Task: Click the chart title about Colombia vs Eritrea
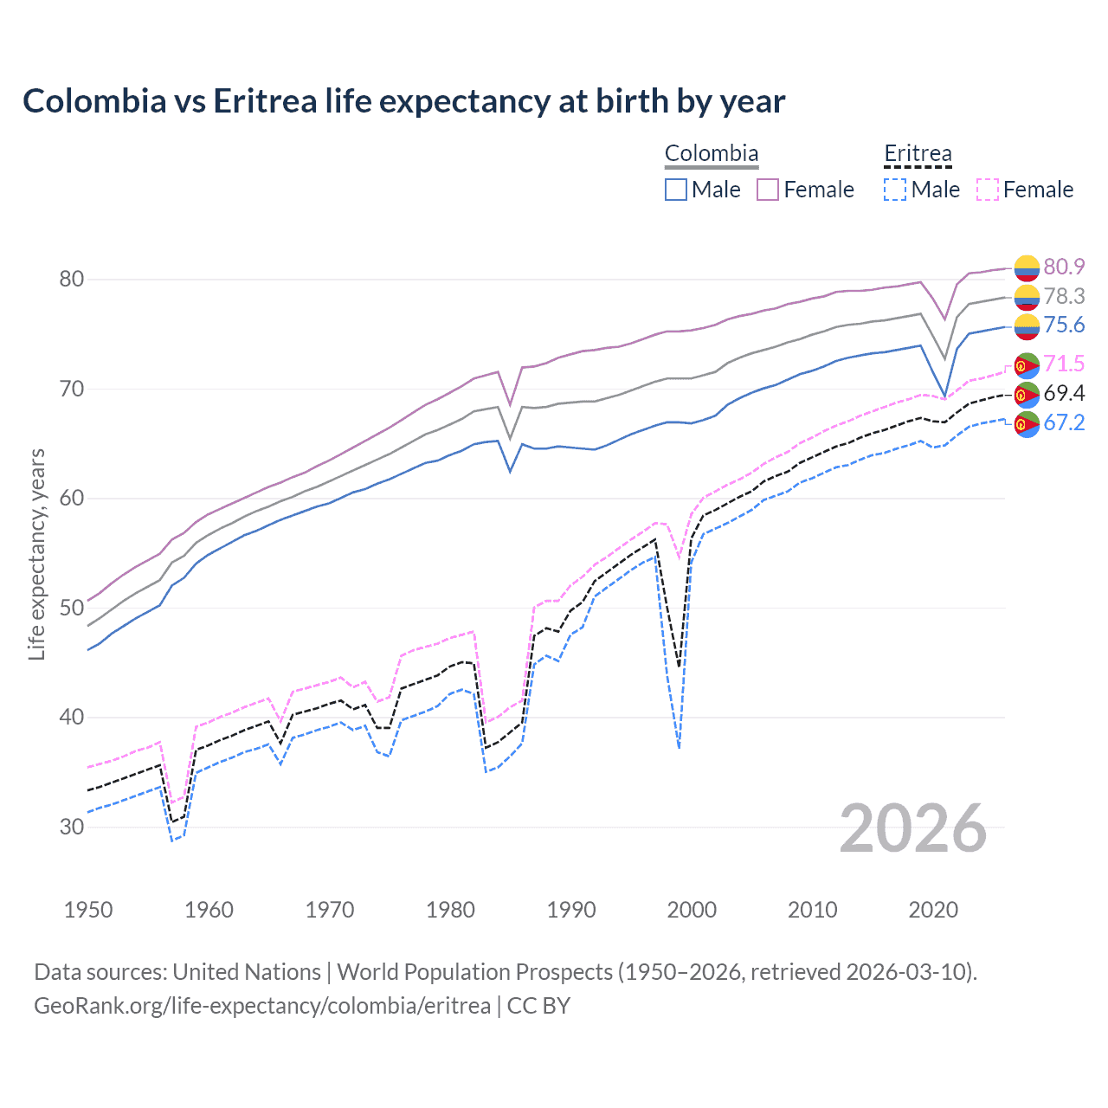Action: click(x=403, y=101)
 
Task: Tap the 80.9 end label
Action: click(x=1064, y=267)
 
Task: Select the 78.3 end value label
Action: click(x=1064, y=296)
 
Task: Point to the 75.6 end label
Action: click(x=1064, y=325)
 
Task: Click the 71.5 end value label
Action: click(x=1064, y=364)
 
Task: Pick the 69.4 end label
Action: click(x=1064, y=393)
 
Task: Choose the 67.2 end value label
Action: click(x=1064, y=422)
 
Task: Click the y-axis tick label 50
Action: click(x=72, y=608)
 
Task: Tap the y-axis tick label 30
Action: click(x=72, y=827)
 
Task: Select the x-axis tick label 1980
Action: click(x=450, y=910)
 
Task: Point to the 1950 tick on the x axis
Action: click(x=88, y=910)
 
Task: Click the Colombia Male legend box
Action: click(x=676, y=190)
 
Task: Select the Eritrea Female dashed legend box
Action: click(x=988, y=190)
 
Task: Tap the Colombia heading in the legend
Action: click(x=712, y=153)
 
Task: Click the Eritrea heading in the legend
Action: click(x=918, y=153)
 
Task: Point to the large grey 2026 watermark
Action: click(x=912, y=828)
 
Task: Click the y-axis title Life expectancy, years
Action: click(x=36, y=554)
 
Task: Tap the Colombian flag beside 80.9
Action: click(x=1027, y=267)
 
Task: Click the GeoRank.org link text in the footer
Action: click(x=262, y=1006)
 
